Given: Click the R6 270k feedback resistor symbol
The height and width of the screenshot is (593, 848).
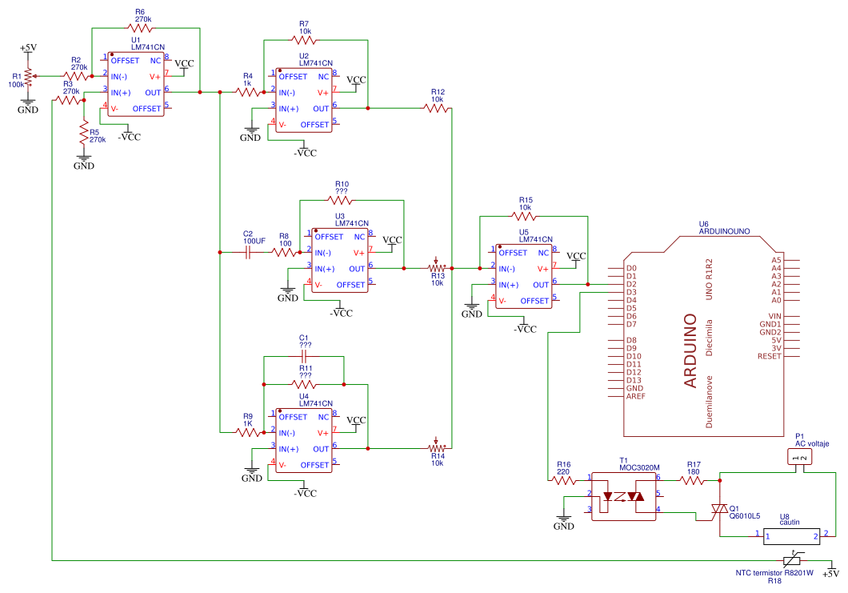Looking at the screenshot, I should [145, 28].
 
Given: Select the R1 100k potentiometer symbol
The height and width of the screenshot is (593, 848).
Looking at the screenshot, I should [28, 77].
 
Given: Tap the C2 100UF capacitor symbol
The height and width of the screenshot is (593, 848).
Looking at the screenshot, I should [247, 252].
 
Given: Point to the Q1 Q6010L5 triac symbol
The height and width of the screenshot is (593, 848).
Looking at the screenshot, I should [719, 509].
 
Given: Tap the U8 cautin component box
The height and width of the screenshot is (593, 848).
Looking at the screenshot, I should [790, 535].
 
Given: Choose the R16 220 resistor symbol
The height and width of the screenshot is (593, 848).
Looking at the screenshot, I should [564, 479].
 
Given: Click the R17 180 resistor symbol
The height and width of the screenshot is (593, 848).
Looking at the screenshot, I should [693, 479].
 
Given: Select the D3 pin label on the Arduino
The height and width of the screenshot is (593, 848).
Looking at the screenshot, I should [631, 292].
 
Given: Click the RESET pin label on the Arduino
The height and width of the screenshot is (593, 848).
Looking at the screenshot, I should [769, 356].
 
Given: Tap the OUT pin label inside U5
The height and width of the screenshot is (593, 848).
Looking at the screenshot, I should [541, 285].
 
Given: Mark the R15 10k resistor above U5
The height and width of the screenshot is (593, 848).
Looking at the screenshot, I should [526, 216].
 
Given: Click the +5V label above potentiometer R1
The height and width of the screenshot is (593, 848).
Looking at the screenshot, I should [27, 48].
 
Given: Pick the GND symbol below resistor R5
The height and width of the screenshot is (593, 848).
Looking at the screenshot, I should [83, 165].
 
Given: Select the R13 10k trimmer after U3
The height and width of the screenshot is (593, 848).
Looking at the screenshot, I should [436, 269].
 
